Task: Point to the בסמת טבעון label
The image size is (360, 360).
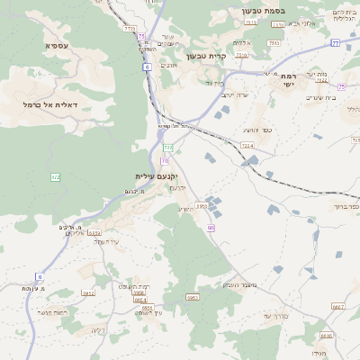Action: tap(262, 11)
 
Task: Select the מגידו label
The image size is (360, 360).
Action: tap(318, 354)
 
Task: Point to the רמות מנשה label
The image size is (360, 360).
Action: tap(50, 311)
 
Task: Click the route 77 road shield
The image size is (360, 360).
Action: tap(335, 42)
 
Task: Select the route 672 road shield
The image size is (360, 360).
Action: tap(55, 177)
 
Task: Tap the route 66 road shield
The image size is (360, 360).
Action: tap(211, 228)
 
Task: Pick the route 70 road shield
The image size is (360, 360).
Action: tap(165, 160)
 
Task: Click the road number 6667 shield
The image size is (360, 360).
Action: tap(337, 307)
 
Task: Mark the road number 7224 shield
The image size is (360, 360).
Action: tap(247, 145)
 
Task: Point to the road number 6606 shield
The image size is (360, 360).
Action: tap(326, 336)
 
